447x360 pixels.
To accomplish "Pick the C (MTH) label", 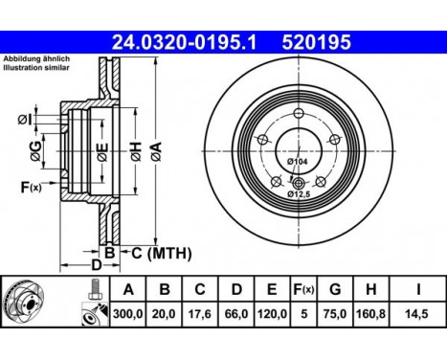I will coord(161,253).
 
